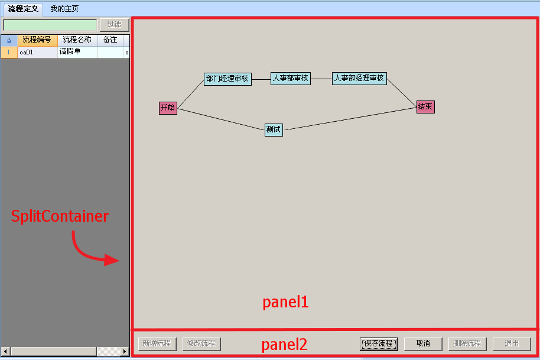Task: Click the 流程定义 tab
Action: (23, 9)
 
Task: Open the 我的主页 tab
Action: (64, 9)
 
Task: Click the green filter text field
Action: (50, 25)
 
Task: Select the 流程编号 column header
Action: (37, 40)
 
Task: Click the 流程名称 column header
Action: (77, 40)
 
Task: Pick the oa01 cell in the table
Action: (37, 53)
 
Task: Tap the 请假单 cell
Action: (77, 53)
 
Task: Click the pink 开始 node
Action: (168, 108)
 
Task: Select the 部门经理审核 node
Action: (227, 79)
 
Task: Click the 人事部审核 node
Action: (291, 79)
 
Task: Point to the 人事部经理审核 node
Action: (359, 79)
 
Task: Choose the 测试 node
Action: (274, 130)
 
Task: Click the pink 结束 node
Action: (425, 107)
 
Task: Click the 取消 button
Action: (423, 344)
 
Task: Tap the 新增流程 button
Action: (157, 344)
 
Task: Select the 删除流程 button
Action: (467, 344)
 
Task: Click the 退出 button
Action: (512, 344)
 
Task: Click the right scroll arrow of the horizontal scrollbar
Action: (125, 351)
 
